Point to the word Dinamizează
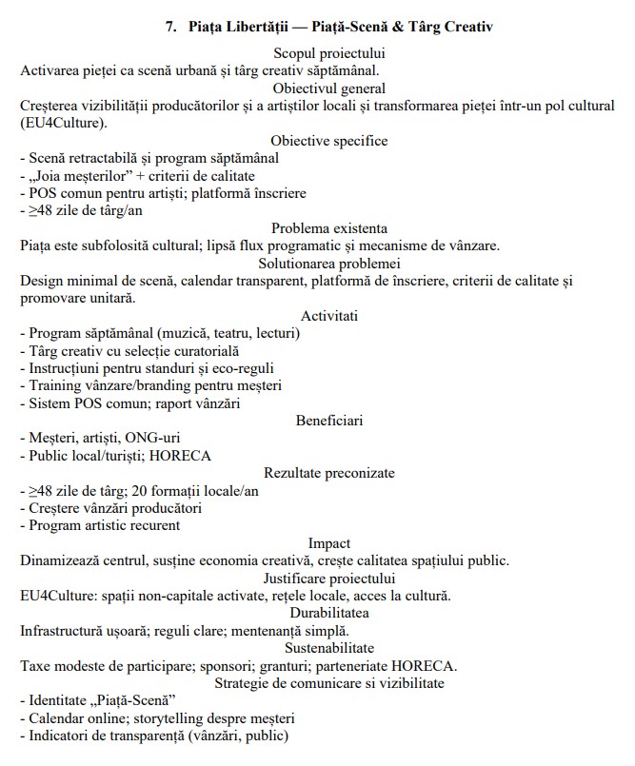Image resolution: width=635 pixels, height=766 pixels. coord(63,560)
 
